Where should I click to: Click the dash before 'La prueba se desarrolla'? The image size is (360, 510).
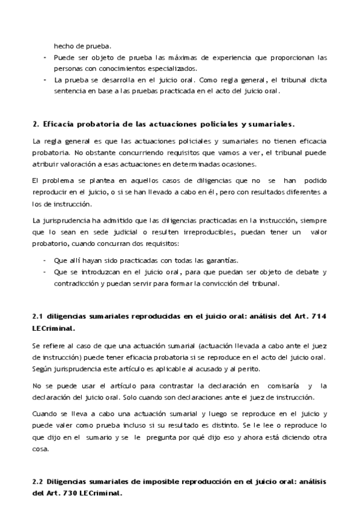44,80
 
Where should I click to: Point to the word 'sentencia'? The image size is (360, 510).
69,91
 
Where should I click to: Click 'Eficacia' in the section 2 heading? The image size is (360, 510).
63,125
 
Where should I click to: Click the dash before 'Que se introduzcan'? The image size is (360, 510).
44,271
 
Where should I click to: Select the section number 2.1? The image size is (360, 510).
39,316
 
